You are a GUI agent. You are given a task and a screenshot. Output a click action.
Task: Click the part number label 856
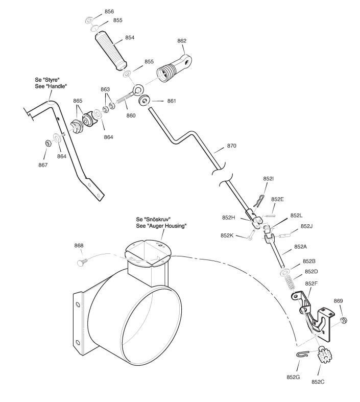pyautogui.click(x=109, y=11)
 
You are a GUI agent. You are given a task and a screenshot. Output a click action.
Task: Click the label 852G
pyautogui.click(x=293, y=377)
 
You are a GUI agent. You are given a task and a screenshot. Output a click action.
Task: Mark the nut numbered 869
pyautogui.click(x=343, y=320)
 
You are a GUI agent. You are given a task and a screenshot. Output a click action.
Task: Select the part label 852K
pyautogui.click(x=228, y=235)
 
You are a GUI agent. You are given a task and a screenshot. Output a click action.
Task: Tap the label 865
pyautogui.click(x=78, y=101)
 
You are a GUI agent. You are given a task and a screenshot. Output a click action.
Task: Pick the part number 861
pyautogui.click(x=172, y=101)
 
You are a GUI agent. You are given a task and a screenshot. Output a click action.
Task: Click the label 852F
pyautogui.click(x=312, y=283)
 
